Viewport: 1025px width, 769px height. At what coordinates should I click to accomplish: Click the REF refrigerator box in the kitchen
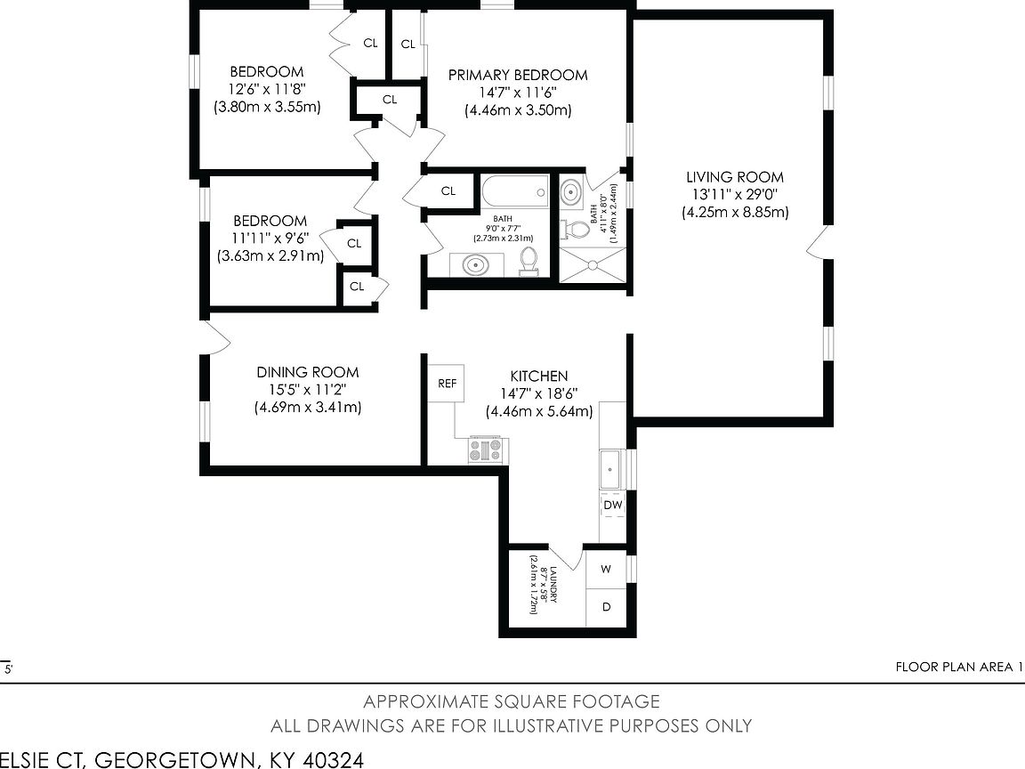point(448,384)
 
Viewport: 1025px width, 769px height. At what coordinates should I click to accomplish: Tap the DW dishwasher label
point(612,505)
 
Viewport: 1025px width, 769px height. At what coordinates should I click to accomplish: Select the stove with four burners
point(485,449)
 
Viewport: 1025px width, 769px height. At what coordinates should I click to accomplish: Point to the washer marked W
point(606,569)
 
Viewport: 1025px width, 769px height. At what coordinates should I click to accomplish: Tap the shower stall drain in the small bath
point(593,265)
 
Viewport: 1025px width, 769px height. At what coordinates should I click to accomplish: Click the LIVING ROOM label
point(735,176)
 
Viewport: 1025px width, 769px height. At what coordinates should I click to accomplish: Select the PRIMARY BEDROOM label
point(518,75)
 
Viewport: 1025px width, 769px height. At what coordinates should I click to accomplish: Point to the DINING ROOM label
point(307,372)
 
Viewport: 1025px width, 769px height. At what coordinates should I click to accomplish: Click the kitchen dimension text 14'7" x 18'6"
point(539,393)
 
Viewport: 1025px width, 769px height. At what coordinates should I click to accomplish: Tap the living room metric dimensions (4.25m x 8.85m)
point(736,212)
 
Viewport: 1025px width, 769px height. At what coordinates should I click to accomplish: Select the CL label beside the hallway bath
point(448,191)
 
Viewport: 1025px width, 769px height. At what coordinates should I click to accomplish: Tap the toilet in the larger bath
point(529,262)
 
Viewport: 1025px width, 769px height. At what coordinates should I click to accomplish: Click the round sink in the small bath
point(571,193)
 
